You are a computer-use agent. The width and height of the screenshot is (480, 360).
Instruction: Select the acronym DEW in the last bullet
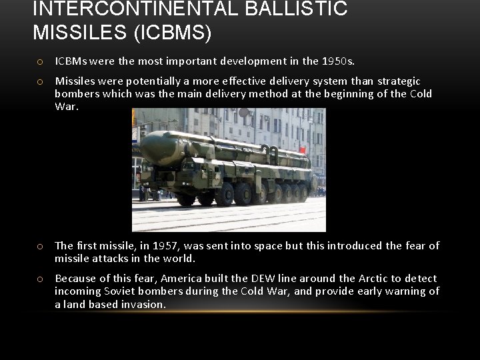pyautogui.click(x=259, y=278)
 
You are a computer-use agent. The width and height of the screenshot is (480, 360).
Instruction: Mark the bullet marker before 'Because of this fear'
pyautogui.click(x=41, y=279)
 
